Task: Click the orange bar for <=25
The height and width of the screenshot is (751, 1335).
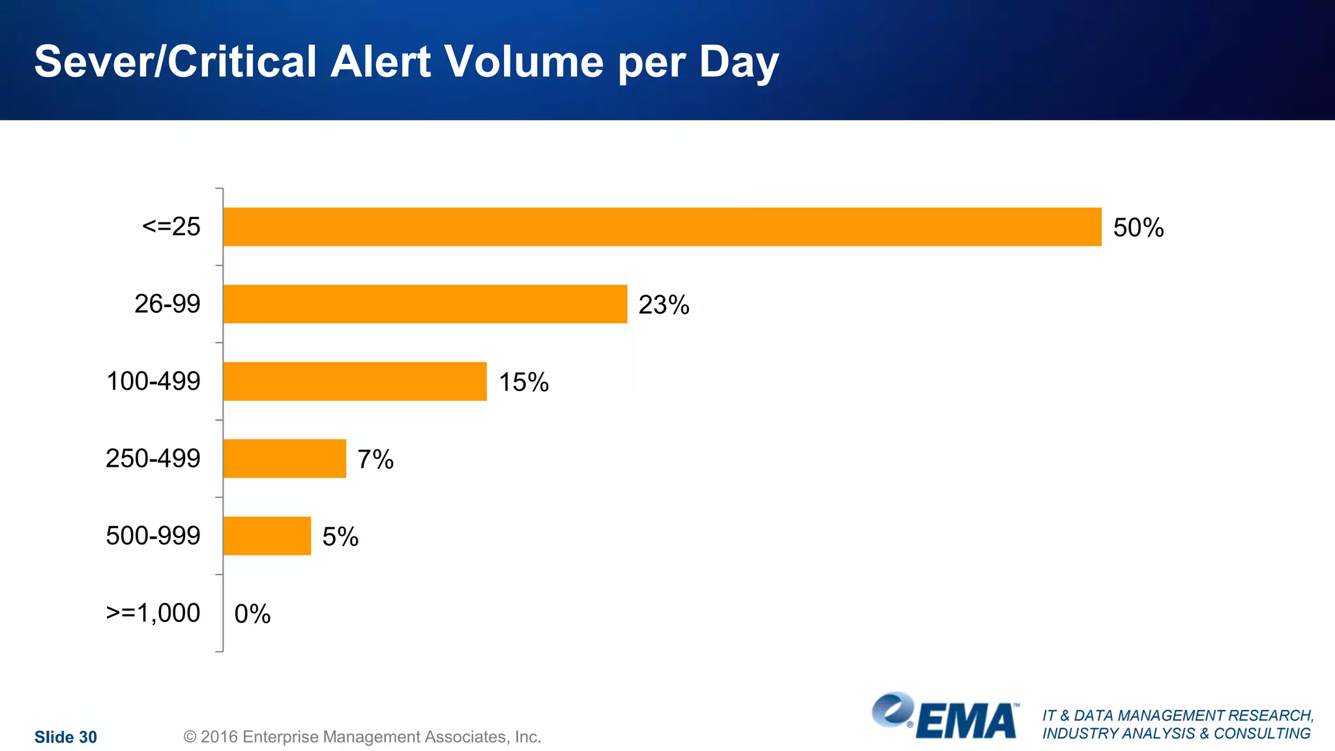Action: [662, 227]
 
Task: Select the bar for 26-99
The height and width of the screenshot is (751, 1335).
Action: [425, 304]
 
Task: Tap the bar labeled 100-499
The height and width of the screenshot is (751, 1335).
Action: [355, 381]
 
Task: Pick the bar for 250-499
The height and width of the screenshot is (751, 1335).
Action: [284, 458]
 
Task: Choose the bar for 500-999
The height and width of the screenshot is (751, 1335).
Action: [267, 536]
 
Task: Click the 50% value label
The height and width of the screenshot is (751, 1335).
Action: [1138, 228]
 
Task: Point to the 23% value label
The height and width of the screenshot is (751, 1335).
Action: [664, 304]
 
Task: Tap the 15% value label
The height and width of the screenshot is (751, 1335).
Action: [523, 382]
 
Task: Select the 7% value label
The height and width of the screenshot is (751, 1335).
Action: [375, 460]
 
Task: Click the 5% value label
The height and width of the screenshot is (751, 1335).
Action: [340, 537]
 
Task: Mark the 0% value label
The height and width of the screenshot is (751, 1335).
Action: [252, 613]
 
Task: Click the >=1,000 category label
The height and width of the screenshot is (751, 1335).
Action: [153, 613]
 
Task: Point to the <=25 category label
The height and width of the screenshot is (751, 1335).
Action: [171, 226]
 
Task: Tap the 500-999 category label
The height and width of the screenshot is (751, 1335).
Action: [153, 535]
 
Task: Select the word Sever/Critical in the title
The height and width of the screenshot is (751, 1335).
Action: [175, 62]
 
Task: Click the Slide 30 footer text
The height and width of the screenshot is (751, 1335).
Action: [65, 737]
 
